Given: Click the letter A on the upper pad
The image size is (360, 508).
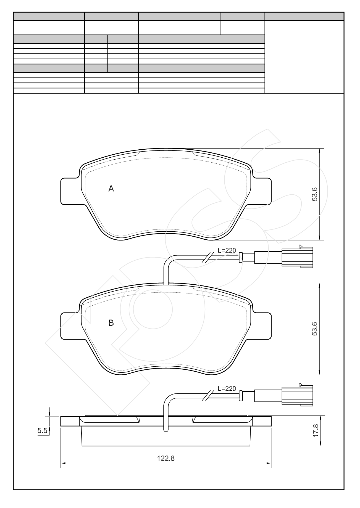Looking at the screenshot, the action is click(111, 189).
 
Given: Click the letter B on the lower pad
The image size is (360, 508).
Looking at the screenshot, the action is click(111, 323).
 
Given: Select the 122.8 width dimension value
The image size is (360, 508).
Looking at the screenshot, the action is click(166, 458).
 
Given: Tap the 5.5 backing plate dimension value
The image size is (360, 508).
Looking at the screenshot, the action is click(42, 431).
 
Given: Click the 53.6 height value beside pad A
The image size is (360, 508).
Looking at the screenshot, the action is click(315, 194).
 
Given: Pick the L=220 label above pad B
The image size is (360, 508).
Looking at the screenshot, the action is click(227, 250).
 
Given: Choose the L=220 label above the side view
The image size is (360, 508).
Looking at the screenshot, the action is click(227, 389).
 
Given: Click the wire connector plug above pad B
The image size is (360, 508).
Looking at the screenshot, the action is click(297, 257).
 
